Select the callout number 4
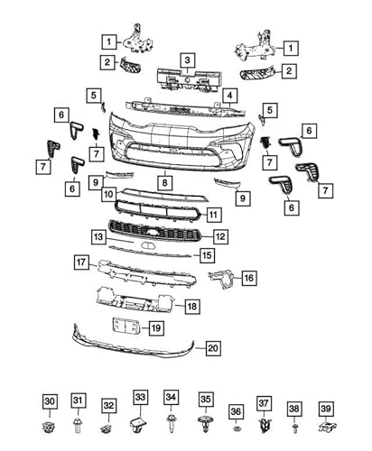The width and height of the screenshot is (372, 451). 231,94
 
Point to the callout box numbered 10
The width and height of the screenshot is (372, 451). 107,194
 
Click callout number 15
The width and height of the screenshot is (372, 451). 208,256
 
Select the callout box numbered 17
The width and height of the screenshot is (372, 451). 82,262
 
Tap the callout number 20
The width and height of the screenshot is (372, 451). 213,347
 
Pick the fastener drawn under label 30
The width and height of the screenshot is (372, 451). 50,423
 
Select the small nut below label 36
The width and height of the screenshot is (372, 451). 236,425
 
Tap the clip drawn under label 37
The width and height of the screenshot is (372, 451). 265,423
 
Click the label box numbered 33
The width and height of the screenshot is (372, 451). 140,396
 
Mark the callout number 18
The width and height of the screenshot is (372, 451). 192,306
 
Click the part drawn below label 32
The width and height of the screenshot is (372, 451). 108,426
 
